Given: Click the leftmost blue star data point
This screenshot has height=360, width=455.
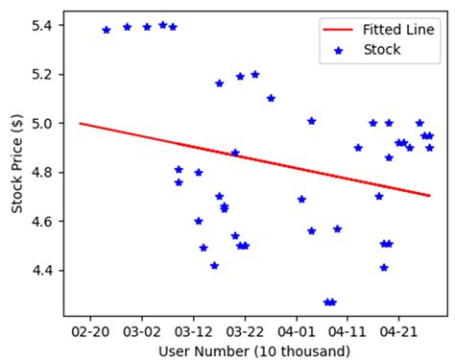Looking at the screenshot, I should (106, 30).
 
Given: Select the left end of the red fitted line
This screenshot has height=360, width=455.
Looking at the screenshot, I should (80, 123).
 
